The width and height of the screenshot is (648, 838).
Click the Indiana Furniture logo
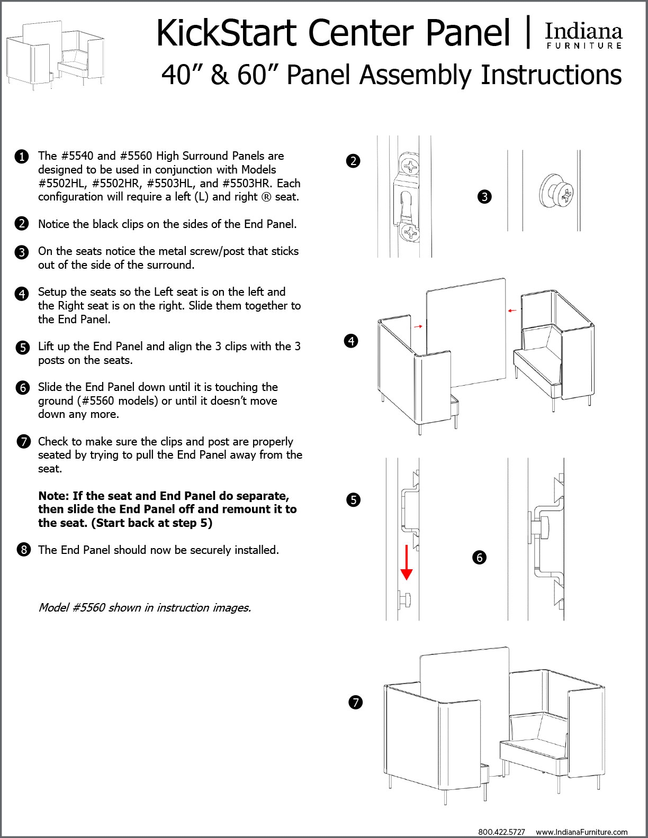coord(583,36)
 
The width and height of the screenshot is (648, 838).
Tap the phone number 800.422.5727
coord(501,832)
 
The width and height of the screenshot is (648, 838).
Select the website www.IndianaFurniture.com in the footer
coord(581,832)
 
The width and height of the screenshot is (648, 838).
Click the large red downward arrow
coord(406,563)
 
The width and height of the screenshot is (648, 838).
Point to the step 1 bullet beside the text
coord(22,157)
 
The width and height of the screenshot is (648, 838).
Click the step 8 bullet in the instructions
coord(23,550)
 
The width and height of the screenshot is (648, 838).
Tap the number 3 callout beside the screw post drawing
coord(484,197)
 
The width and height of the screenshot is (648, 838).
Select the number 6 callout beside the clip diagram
coord(480,557)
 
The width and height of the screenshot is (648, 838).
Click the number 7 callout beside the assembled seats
coord(356,703)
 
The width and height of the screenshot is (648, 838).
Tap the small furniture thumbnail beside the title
coord(55,56)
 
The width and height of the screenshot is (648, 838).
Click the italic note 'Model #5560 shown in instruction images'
coord(145,607)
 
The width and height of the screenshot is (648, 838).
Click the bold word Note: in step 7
coord(53,496)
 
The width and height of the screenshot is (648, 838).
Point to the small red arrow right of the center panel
coord(512,311)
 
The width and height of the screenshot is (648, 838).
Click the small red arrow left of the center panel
coord(418,326)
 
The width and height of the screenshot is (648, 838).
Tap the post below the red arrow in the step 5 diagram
coord(405,599)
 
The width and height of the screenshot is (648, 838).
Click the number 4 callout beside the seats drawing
coord(352,341)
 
